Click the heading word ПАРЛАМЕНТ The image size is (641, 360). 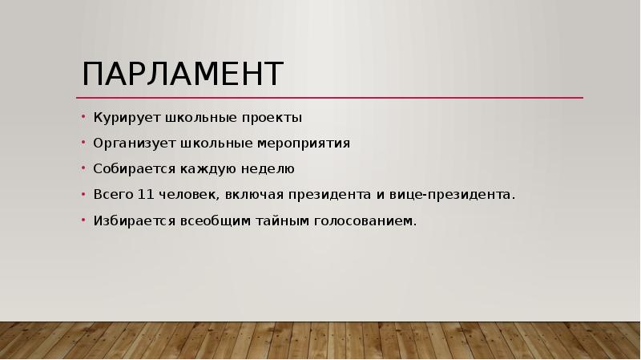coord(183,74)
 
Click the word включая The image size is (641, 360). coord(254,195)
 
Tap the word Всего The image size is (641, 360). coord(111,195)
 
